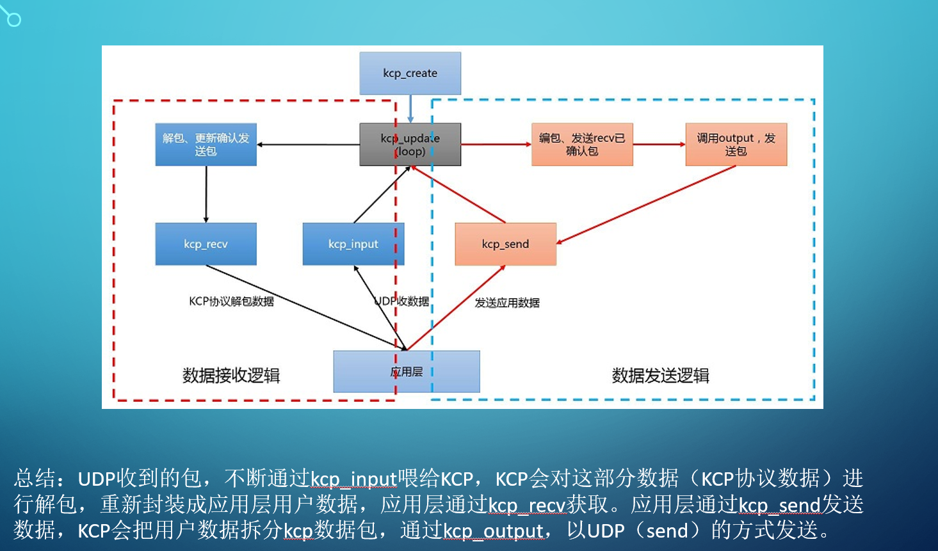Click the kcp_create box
410,74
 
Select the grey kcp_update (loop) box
410,145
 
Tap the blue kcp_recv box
206,244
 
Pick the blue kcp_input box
353,244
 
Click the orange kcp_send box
505,244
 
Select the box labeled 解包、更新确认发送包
206,145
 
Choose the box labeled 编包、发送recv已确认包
582,145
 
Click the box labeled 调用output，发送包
736,145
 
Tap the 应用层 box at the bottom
407,372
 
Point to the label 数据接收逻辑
231,376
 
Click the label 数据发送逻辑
660,376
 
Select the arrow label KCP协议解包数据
231,301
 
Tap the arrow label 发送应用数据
507,303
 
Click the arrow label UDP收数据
402,301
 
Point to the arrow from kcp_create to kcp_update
410,109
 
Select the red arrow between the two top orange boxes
659,145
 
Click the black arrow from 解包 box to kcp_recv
206,194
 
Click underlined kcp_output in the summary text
493,531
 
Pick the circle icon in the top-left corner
13,19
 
